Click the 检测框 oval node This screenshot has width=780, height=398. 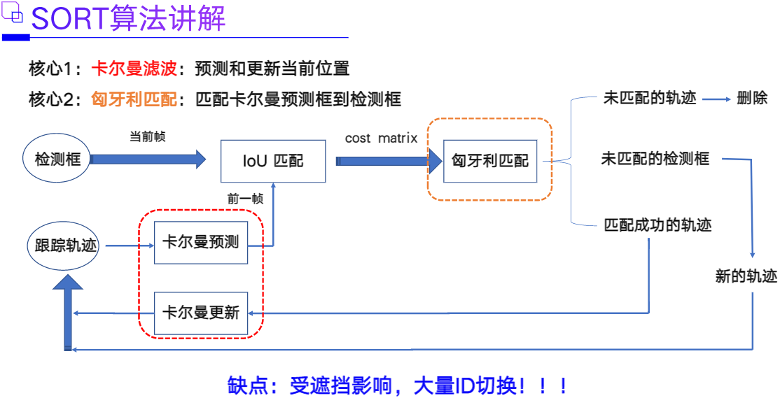point(58,159)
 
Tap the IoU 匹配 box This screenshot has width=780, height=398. point(273,161)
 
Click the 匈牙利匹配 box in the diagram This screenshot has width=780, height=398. point(490,161)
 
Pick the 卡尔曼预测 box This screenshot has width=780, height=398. point(201,243)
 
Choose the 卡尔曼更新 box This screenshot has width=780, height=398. point(201,312)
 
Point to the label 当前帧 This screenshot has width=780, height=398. point(148,137)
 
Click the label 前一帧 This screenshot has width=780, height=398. point(245,198)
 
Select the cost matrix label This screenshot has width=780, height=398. point(381,138)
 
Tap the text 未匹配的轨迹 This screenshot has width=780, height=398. point(650,98)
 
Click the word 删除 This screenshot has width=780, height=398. point(752,98)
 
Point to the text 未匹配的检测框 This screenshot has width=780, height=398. point(655,159)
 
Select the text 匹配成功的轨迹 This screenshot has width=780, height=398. point(657,225)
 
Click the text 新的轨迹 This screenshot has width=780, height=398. point(746,276)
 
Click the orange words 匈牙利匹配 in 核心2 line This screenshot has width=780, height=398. point(134,99)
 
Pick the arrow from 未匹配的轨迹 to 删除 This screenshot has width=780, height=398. point(716,99)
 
